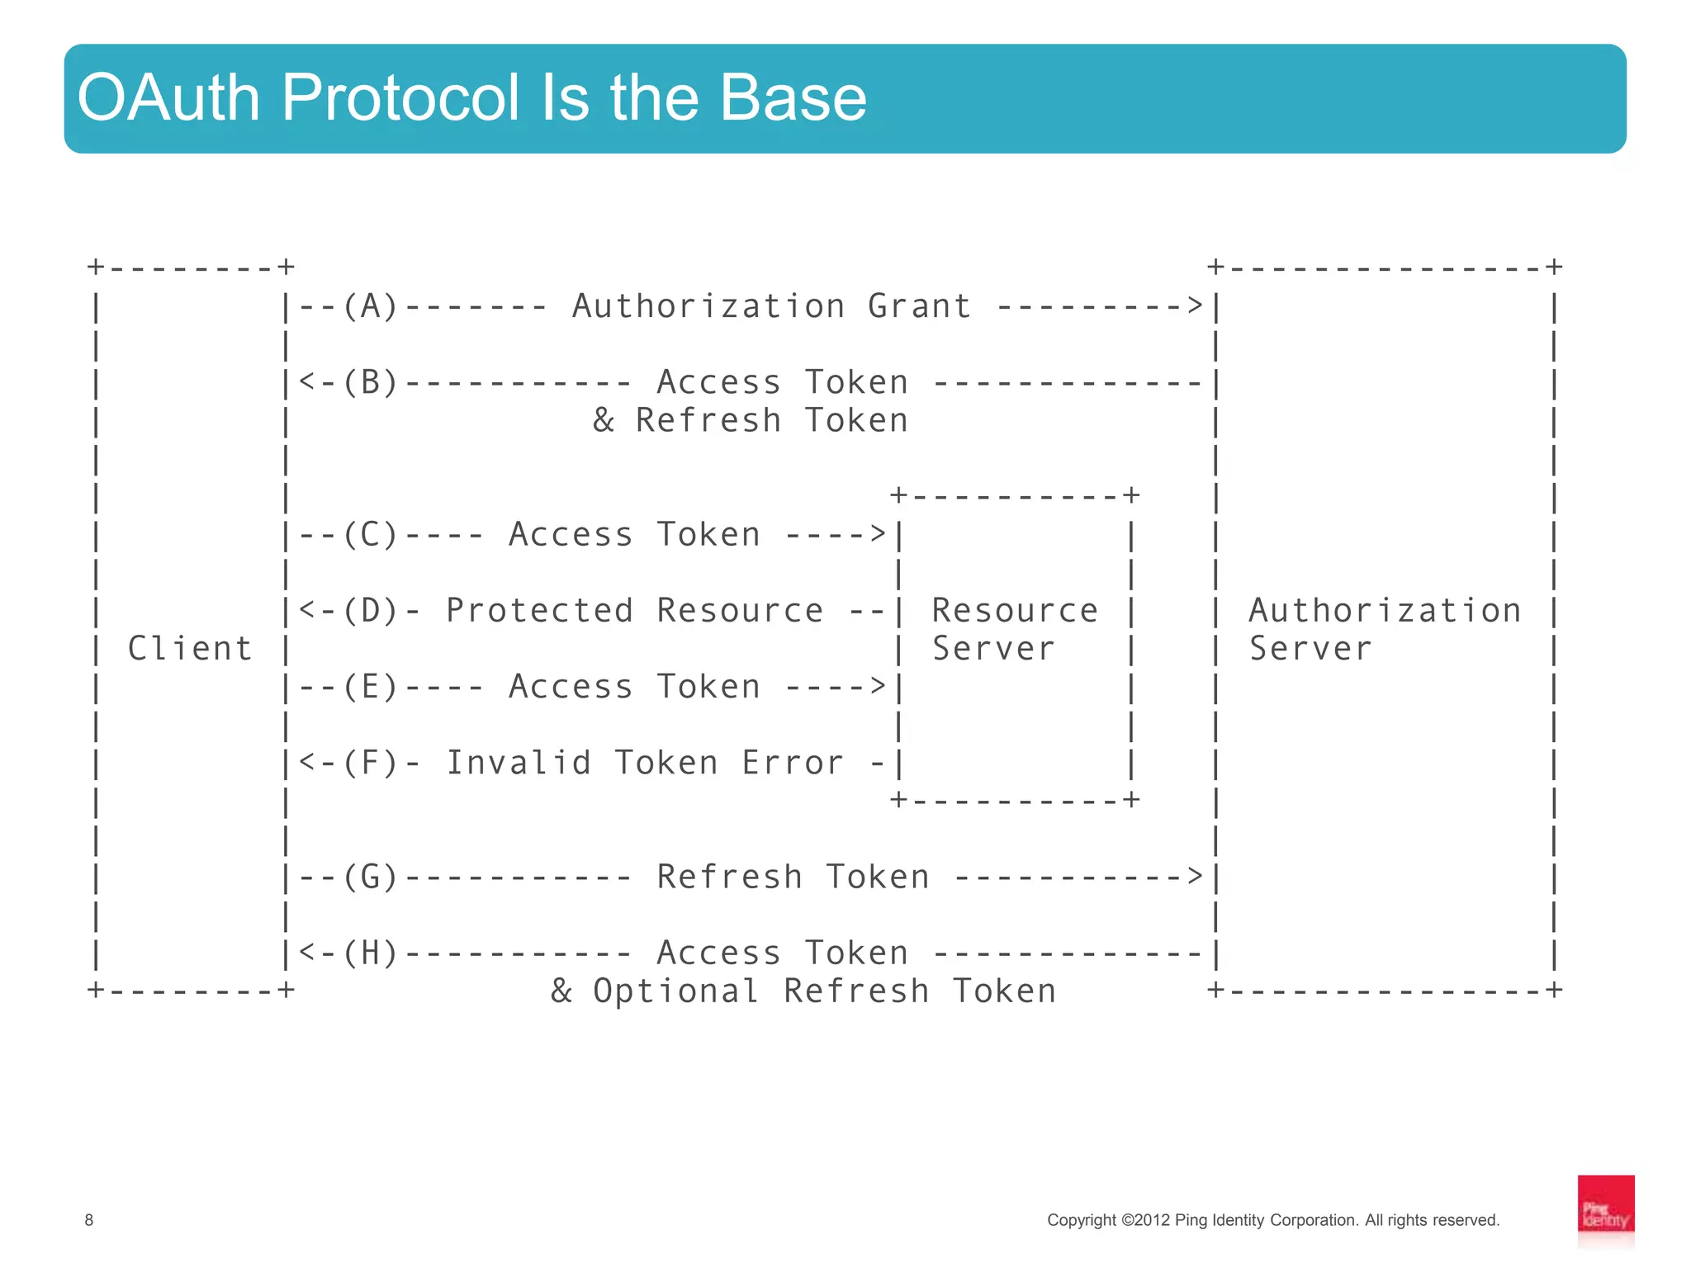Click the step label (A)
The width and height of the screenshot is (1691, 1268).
pyautogui.click(x=370, y=306)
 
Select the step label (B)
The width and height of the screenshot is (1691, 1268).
pyautogui.click(x=370, y=382)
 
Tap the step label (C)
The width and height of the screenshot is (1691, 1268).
pyautogui.click(x=370, y=534)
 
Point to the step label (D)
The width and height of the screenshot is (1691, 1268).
pyautogui.click(x=370, y=610)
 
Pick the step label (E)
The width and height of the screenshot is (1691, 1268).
pyautogui.click(x=370, y=686)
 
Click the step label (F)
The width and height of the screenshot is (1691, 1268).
pyautogui.click(x=370, y=762)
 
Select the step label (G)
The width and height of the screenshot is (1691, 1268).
pyautogui.click(x=370, y=877)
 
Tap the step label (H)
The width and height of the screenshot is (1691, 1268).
pyautogui.click(x=370, y=953)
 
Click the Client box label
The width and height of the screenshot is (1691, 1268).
pyautogui.click(x=190, y=648)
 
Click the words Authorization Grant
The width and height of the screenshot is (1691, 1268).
pyautogui.click(x=771, y=306)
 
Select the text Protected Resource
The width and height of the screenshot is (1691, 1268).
pyautogui.click(x=634, y=610)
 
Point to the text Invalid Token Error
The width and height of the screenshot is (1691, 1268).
pyautogui.click(x=645, y=762)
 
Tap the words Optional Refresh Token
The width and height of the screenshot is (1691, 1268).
pyautogui.click(x=824, y=991)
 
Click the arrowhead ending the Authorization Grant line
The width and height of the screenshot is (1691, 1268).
pyautogui.click(x=1196, y=306)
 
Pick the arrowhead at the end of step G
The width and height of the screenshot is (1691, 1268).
pyautogui.click(x=1196, y=877)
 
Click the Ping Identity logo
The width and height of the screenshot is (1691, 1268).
pyautogui.click(x=1605, y=1210)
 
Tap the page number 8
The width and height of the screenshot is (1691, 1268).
pyautogui.click(x=89, y=1220)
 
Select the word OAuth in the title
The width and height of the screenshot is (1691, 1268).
pyautogui.click(x=168, y=98)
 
